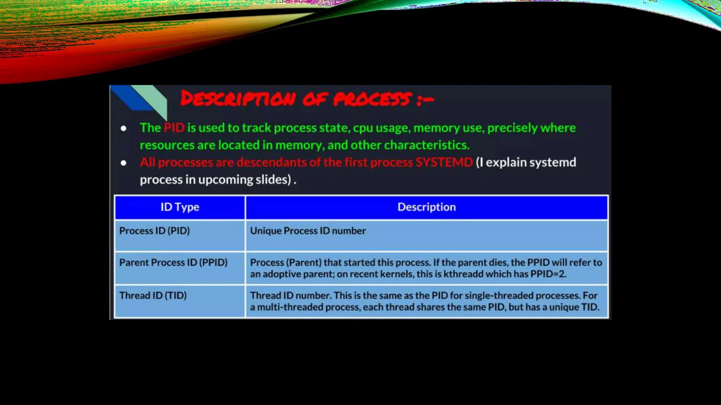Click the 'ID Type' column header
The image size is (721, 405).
pyautogui.click(x=180, y=207)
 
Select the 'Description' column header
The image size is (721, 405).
pyautogui.click(x=426, y=207)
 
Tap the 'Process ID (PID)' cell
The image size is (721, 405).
pyautogui.click(x=155, y=231)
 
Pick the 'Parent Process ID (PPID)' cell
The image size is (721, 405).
pyautogui.click(x=173, y=263)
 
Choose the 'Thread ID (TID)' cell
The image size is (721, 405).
pyautogui.click(x=153, y=296)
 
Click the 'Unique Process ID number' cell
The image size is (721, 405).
pyautogui.click(x=308, y=231)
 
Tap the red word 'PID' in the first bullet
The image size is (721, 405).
pyautogui.click(x=174, y=128)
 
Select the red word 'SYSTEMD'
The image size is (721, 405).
pyautogui.click(x=444, y=162)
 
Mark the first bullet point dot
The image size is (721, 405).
pyautogui.click(x=124, y=128)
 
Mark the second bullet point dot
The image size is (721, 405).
pyautogui.click(x=124, y=163)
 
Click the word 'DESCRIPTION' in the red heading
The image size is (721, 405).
pyautogui.click(x=238, y=99)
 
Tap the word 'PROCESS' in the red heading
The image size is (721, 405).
pyautogui.click(x=372, y=99)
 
